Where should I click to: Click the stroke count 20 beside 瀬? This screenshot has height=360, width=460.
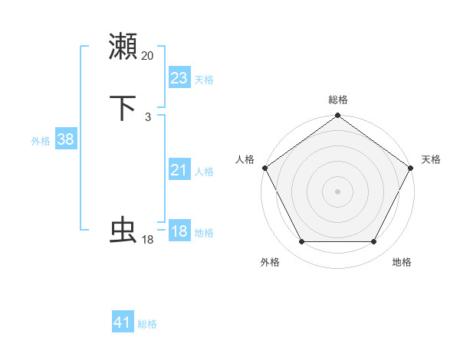coord(148,55)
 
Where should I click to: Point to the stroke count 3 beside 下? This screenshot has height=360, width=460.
coord(148,117)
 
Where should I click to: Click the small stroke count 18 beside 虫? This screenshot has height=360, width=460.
coord(148,240)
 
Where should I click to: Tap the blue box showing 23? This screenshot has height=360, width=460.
coord(179,78)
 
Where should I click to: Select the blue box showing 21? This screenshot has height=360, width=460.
coord(179,171)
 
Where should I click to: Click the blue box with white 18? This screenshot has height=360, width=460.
coord(179,231)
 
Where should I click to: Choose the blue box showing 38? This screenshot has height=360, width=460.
coord(65,139)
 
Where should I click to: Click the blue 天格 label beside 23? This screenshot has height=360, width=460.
coord(204,80)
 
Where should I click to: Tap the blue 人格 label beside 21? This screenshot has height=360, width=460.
coord(204,172)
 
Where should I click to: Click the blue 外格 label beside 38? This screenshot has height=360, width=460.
coord(41,141)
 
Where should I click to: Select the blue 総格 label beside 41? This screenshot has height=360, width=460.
coord(147,324)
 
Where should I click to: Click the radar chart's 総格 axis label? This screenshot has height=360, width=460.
coord(337,100)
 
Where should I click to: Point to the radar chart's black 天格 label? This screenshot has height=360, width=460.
coord(431,159)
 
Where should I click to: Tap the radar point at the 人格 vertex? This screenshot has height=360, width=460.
coord(264,168)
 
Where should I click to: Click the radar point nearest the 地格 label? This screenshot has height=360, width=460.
coord(374,242)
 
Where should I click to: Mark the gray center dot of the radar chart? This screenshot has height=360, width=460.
coord(337,191)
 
